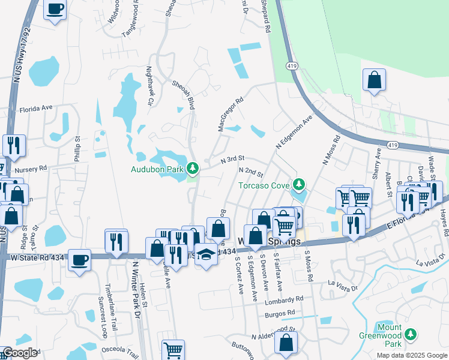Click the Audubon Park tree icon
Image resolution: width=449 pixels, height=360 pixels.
[x=193, y=167]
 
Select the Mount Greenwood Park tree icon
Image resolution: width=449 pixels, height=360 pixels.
[x=411, y=334]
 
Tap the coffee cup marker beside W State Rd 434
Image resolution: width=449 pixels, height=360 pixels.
[x=79, y=260]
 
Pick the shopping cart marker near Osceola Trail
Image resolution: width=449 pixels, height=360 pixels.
[x=173, y=350]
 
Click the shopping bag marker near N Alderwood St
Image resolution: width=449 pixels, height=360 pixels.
[x=287, y=343]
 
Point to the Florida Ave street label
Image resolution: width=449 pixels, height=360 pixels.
[x=36, y=109]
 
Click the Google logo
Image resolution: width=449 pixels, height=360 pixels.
[x=19, y=353]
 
